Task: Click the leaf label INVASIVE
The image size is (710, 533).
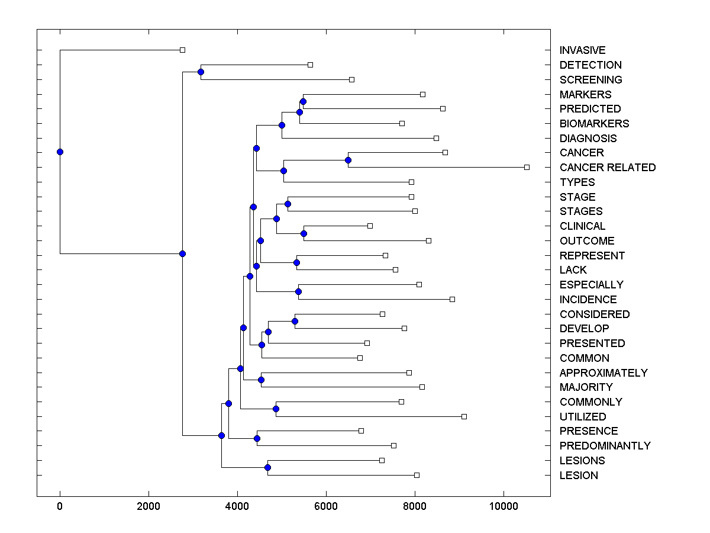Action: tap(582, 50)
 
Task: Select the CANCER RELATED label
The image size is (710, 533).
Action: tap(608, 168)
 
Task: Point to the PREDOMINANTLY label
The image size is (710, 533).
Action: tap(605, 446)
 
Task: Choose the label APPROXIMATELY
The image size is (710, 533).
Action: tap(603, 373)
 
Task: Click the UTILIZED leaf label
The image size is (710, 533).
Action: tap(583, 417)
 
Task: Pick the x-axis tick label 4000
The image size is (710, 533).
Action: tap(237, 507)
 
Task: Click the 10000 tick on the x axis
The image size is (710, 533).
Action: tap(504, 507)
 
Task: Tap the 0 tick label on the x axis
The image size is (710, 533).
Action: tap(60, 507)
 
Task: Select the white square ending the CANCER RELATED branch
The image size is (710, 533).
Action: tap(527, 168)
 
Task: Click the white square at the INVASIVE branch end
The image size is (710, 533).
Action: tap(182, 50)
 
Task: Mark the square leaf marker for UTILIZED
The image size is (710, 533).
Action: tap(464, 417)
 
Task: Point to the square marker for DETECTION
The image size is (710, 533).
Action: tap(310, 65)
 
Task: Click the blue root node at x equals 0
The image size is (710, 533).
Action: tap(60, 152)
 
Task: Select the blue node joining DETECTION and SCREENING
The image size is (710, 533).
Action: tap(201, 72)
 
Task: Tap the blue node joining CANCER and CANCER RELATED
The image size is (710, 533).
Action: tap(348, 160)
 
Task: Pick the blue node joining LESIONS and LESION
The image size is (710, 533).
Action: tap(267, 468)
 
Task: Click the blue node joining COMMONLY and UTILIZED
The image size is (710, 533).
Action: tap(276, 409)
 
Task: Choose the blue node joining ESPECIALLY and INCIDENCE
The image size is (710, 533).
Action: tap(298, 291)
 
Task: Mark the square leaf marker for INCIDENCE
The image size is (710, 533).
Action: tap(452, 299)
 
